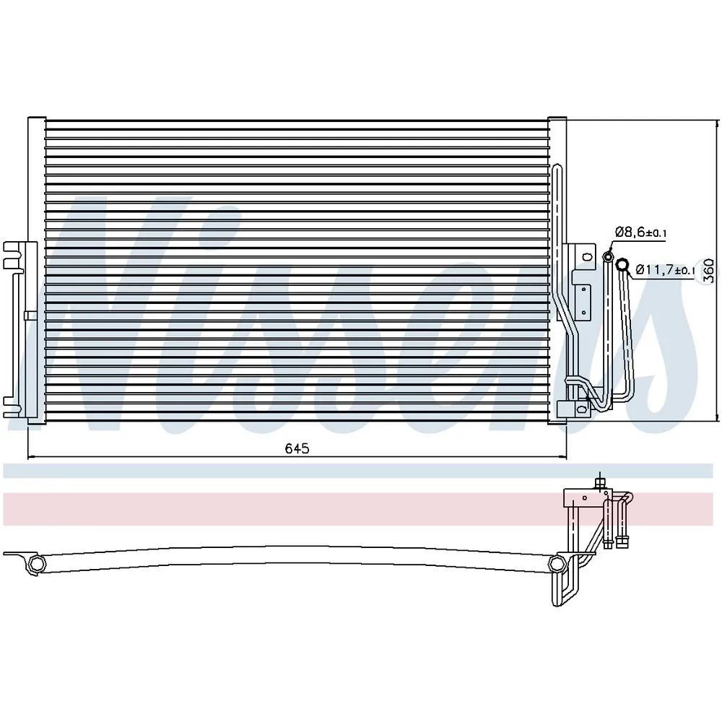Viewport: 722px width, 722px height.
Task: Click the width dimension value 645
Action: [297, 448]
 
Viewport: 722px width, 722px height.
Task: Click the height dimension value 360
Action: [710, 271]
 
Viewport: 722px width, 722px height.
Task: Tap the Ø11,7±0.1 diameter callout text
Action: [666, 269]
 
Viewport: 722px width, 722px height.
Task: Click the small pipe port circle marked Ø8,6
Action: [608, 256]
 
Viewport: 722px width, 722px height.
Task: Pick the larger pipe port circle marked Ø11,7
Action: [622, 264]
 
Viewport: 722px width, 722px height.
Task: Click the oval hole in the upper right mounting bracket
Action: [587, 256]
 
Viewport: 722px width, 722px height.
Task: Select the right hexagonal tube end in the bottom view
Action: [557, 564]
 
